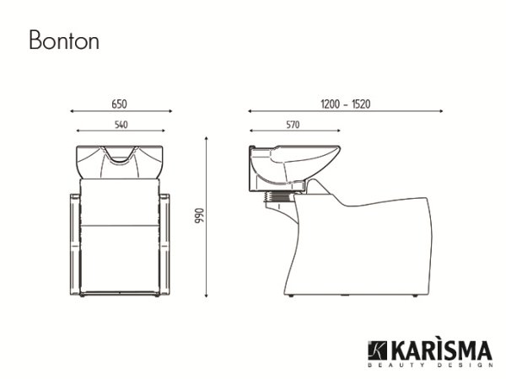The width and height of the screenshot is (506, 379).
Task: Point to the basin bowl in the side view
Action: tap(295, 160)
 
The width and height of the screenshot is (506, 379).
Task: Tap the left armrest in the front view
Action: tap(73, 244)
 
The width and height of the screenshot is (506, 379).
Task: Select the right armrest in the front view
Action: tap(164, 244)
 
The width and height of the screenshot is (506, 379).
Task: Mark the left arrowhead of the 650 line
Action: tap(73, 110)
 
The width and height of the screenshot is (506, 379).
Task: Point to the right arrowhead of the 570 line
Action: tap(338, 131)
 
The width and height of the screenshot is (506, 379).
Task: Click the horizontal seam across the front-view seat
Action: tap(119, 226)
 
